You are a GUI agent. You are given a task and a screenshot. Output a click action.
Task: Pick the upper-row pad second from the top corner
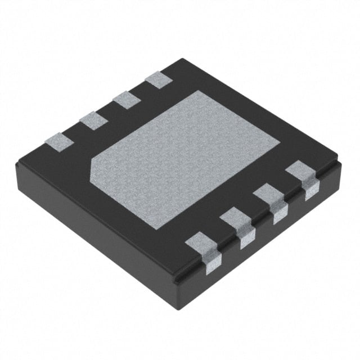pyautogui.click(x=125, y=100)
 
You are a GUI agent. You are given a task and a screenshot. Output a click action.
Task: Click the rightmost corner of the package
pyautogui.click(x=342, y=162)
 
